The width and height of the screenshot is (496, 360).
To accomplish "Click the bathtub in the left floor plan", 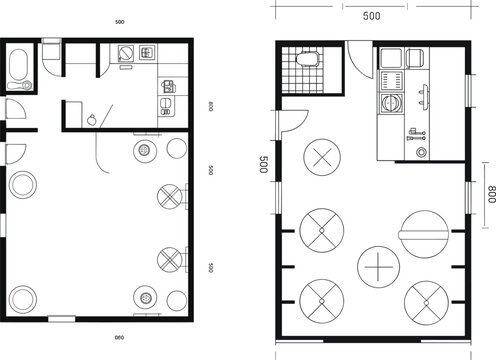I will coord(17,68).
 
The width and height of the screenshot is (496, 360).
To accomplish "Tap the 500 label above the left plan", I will coord(119,21).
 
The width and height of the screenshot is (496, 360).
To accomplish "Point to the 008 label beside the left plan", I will coord(211,106).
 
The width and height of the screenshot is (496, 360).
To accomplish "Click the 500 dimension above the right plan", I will coord(371,16).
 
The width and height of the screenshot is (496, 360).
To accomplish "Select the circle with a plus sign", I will coord(379,268).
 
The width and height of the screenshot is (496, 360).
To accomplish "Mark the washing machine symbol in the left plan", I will coord(126,54).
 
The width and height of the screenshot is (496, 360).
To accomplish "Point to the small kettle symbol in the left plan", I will coord(92,118).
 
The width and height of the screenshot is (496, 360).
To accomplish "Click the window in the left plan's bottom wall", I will coord(61,318).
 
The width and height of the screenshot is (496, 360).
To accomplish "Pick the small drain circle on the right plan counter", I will coord(421,152).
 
